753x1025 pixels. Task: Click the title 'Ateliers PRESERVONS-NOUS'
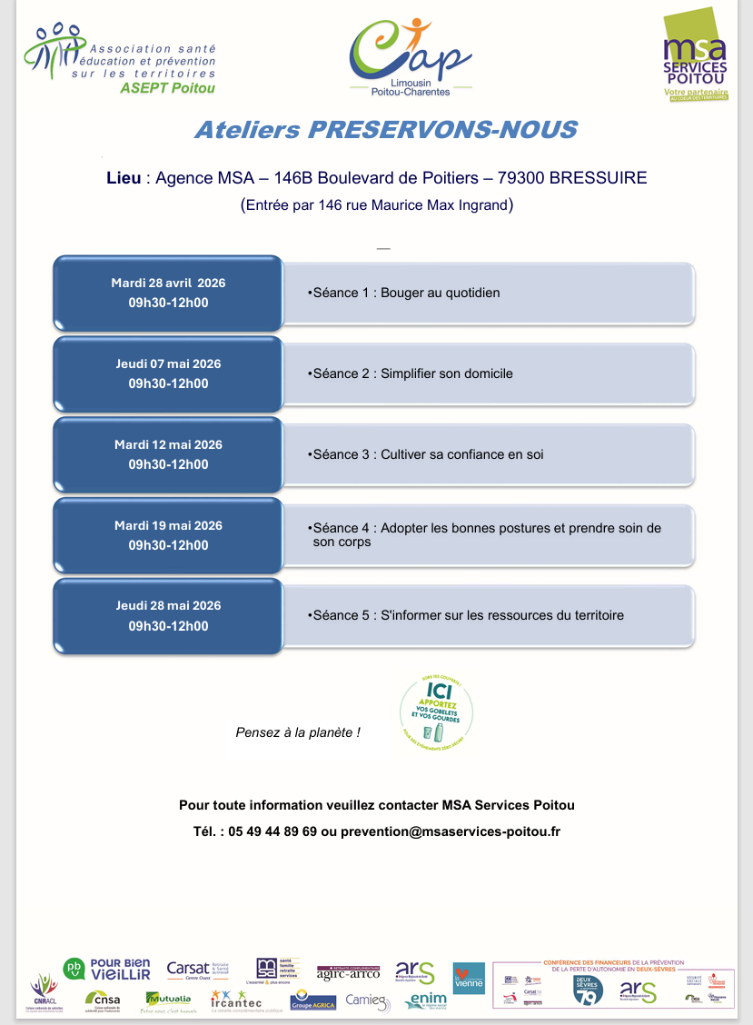click(x=385, y=130)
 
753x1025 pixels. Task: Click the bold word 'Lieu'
click(x=124, y=178)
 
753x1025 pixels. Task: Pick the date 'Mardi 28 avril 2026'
click(x=168, y=283)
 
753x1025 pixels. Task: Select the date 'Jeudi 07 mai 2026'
click(x=168, y=363)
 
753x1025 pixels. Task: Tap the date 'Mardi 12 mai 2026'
click(x=168, y=444)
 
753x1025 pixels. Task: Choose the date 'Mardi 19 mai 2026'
click(x=168, y=525)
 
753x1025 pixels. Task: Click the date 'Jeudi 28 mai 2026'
click(x=168, y=605)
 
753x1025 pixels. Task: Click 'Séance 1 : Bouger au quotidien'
click(x=405, y=293)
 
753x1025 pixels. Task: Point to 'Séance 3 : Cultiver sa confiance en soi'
click(x=426, y=454)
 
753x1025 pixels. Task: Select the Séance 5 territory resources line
click(x=467, y=615)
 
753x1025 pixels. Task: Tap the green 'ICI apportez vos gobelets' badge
click(x=436, y=706)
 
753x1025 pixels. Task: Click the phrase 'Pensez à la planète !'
click(x=298, y=732)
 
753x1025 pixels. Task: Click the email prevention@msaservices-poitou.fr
click(x=451, y=831)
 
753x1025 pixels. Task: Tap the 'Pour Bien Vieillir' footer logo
click(x=107, y=969)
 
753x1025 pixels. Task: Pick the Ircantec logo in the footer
click(x=236, y=1000)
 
